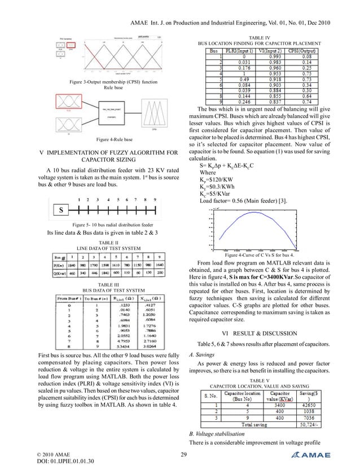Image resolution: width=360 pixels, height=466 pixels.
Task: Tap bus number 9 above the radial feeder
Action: [155, 200]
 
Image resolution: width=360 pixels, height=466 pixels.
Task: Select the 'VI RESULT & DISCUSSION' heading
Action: [264, 318]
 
